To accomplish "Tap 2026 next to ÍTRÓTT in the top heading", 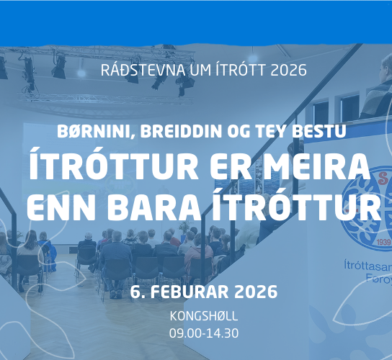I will [287, 71].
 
